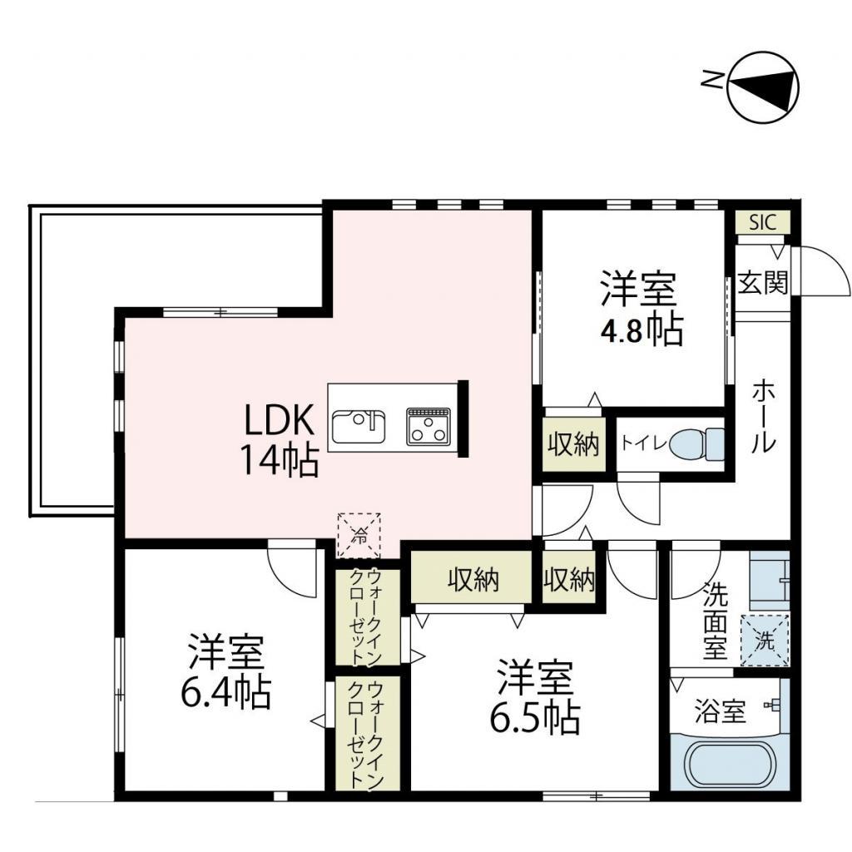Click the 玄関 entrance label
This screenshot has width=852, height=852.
pos(763,285)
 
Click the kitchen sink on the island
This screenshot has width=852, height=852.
pos(359,427)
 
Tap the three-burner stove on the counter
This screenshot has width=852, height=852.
pos(428,427)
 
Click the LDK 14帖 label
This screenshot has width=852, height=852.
pos(280,442)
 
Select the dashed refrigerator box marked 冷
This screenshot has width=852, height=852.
pos(359,535)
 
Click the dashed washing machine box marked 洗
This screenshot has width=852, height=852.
pos(764,640)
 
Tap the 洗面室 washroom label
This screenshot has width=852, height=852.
pos(715,622)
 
